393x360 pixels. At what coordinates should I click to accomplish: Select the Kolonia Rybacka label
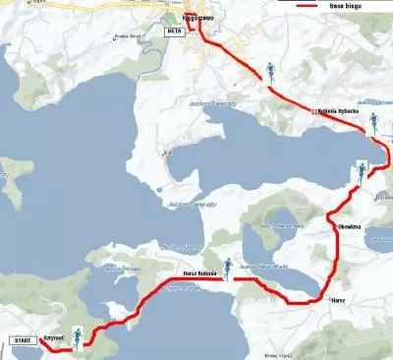click(x=338, y=111)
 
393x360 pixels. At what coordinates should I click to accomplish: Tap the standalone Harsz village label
click(x=337, y=299)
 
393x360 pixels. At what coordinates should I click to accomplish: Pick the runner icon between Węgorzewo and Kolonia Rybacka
click(x=268, y=71)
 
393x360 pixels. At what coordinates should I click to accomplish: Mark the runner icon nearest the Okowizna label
click(x=362, y=172)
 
